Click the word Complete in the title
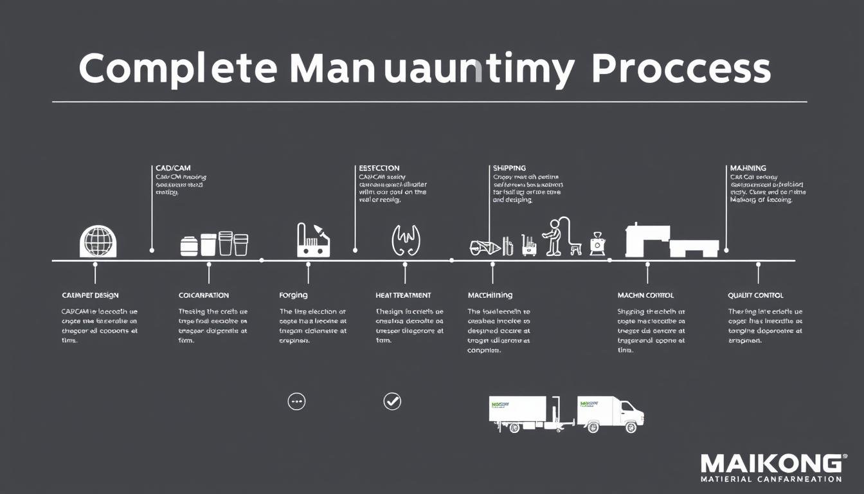point(178,69)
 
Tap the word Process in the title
point(681,69)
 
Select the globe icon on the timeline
point(98,242)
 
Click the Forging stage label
point(293,295)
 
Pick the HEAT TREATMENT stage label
point(403,295)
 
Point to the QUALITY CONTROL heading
point(755,295)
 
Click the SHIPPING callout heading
point(509,168)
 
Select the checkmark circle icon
point(392,401)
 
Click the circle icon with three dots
point(296,401)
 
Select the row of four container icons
point(214,244)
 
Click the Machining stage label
point(490,295)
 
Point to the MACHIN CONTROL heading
point(645,295)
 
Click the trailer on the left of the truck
point(518,412)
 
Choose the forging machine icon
point(313,241)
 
